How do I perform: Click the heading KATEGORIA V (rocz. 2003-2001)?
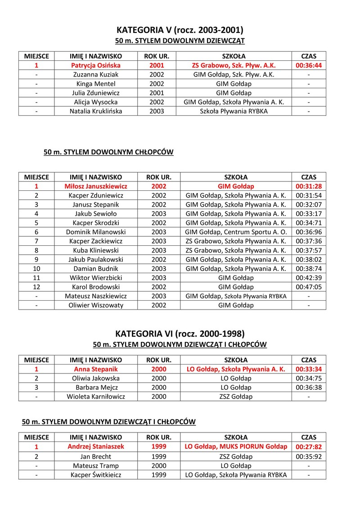[180, 30]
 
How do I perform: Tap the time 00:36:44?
[308, 66]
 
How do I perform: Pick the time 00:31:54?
[308, 195]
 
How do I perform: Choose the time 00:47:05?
[308, 287]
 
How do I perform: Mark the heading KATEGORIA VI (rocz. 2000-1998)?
[180, 334]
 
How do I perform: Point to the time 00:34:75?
[308, 378]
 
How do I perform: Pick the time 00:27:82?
[308, 447]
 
